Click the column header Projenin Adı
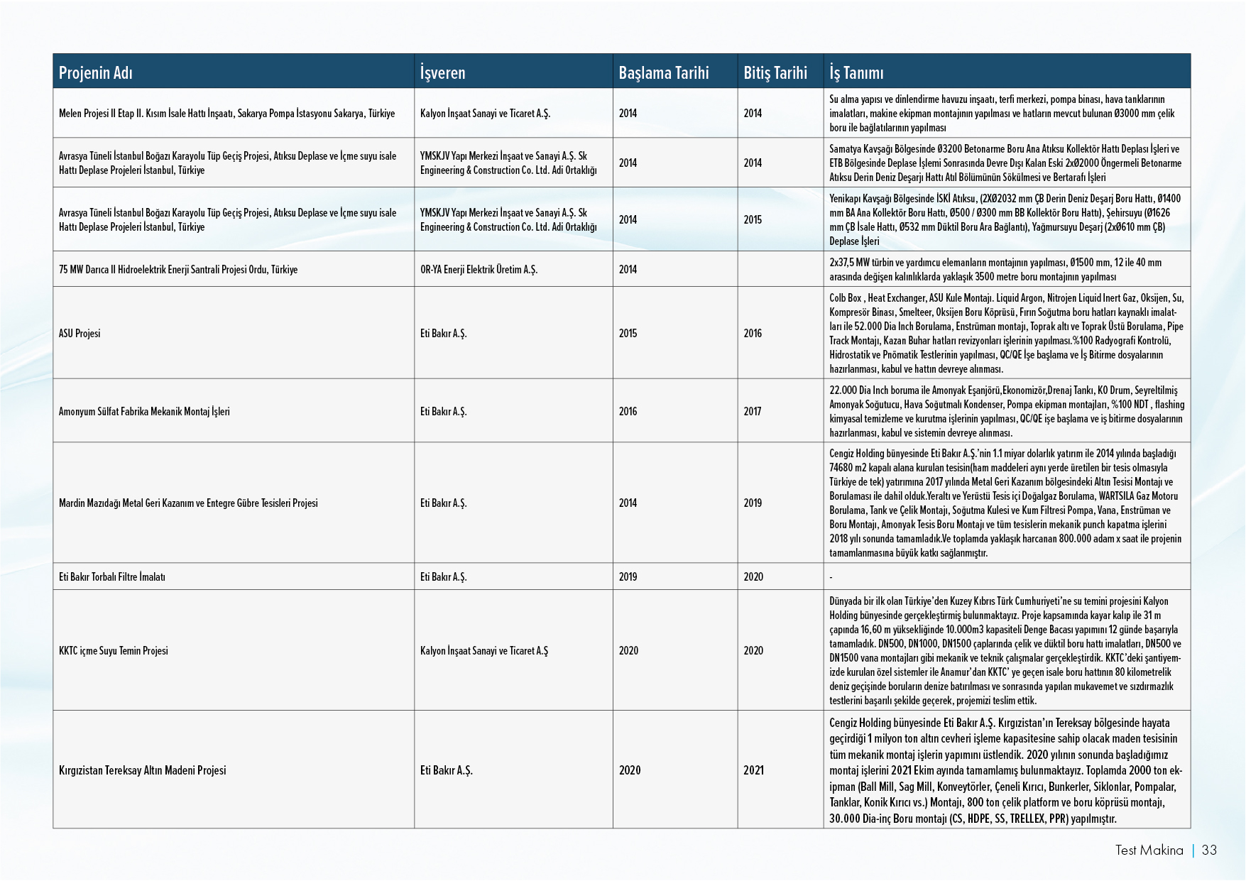point(96,72)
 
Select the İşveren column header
point(442,72)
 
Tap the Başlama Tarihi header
point(663,72)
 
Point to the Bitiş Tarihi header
point(775,72)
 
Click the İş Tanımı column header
point(856,72)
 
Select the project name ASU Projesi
point(80,333)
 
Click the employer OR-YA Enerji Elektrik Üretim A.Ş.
point(479,270)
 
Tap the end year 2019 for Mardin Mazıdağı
point(753,503)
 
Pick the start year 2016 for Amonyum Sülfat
point(628,411)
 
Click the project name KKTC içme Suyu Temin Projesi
point(114,650)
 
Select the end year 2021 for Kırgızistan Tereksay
point(753,770)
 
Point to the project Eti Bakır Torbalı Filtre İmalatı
point(112,576)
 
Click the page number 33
point(1209,850)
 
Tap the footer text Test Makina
point(1149,850)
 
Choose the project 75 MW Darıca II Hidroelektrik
point(178,270)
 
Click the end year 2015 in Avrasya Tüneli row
point(753,219)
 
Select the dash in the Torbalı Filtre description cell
point(831,577)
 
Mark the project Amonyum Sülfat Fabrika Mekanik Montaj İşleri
point(144,411)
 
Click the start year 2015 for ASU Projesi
point(628,333)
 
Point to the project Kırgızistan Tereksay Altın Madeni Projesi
point(142,770)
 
